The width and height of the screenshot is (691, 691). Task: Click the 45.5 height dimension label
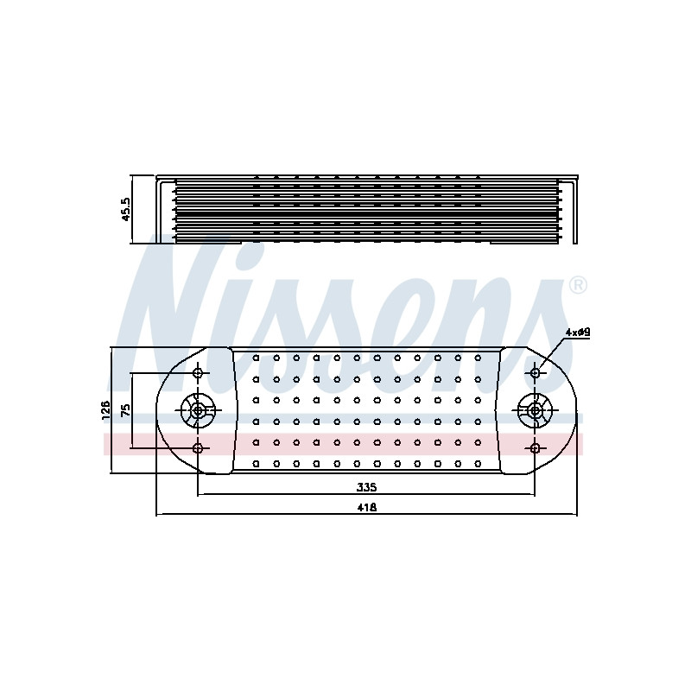pos(126,209)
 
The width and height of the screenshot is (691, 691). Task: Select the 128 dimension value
pos(105,411)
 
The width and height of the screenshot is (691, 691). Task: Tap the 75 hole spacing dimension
pos(125,410)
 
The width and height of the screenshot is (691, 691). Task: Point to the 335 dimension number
pos(366,487)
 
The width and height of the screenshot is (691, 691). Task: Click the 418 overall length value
pos(366,508)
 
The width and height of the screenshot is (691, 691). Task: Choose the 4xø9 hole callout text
pos(578,333)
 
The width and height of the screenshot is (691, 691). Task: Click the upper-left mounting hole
pos(199,373)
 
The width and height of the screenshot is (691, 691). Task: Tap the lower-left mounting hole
pos(199,448)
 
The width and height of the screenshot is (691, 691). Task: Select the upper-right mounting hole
pos(535,373)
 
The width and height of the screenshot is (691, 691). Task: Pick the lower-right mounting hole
pos(535,448)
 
